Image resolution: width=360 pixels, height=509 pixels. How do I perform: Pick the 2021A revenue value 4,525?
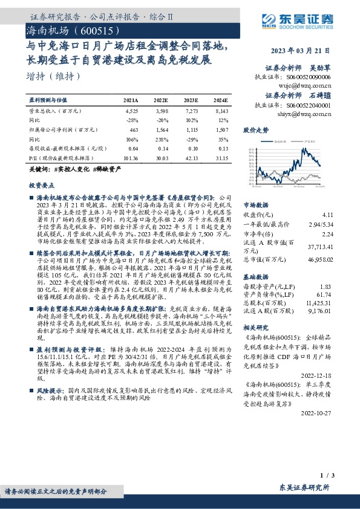[x=131, y=112]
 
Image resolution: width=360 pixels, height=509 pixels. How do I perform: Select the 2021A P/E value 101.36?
[x=130, y=158]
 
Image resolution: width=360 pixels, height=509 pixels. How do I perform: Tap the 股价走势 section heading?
[x=256, y=130]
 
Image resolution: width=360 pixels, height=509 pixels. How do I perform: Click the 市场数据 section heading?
[x=256, y=204]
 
